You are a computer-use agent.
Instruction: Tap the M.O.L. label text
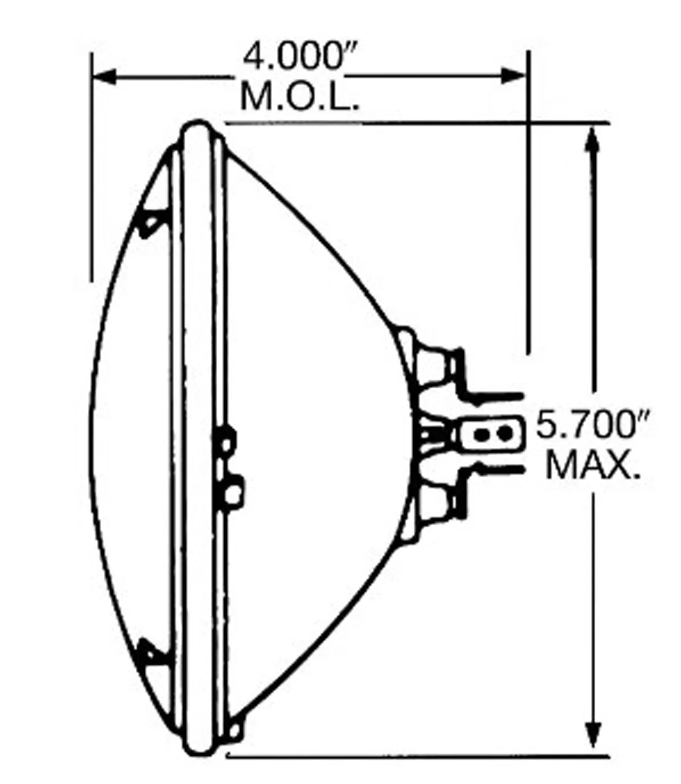(x=300, y=97)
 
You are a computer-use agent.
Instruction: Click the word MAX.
(x=593, y=466)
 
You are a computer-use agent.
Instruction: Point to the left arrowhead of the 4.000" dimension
(x=104, y=77)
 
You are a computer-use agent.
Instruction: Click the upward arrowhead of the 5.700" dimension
(x=592, y=141)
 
